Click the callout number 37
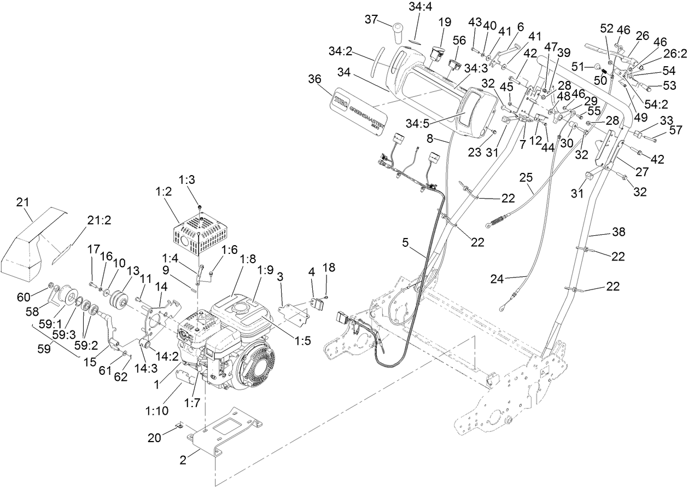(372, 20)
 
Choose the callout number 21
(22, 202)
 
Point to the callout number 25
(526, 177)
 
